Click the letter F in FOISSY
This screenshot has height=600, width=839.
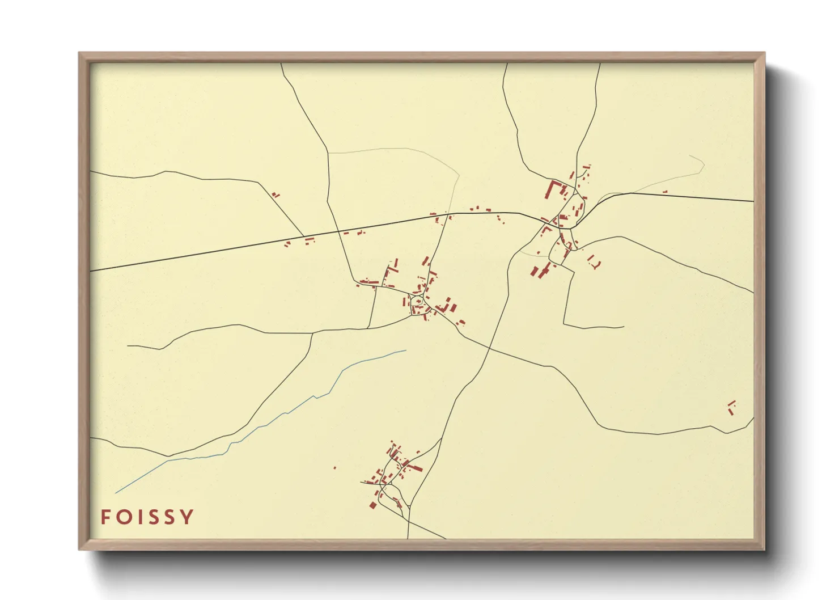click(x=105, y=517)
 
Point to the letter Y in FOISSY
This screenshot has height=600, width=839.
click(x=187, y=517)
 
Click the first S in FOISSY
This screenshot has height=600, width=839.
click(x=154, y=517)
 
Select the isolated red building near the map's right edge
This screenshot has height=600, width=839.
click(x=731, y=407)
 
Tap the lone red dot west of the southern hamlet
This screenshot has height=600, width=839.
click(x=334, y=468)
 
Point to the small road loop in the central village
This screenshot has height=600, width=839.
click(x=418, y=301)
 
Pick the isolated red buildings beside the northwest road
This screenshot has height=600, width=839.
click(x=276, y=195)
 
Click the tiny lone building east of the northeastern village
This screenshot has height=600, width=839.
click(x=665, y=192)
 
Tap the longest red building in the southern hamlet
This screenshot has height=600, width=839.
click(x=414, y=468)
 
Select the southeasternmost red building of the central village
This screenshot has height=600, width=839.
click(x=461, y=323)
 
